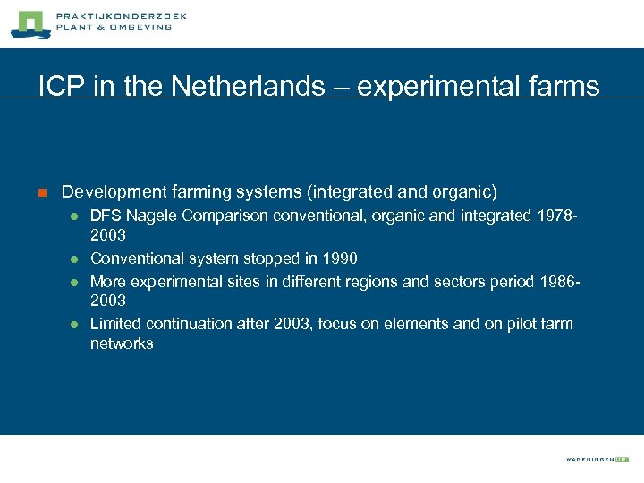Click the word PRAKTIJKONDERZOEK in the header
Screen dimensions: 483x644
(x=121, y=16)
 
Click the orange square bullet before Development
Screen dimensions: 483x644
(x=40, y=192)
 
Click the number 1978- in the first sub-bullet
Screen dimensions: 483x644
(x=558, y=215)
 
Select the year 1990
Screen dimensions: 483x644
(x=339, y=258)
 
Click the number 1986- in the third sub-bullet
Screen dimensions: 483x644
(x=561, y=281)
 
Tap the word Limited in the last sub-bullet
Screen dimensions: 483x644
(x=115, y=323)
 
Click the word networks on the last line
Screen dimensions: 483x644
(x=122, y=343)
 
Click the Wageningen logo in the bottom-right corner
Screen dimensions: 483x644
(x=597, y=459)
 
